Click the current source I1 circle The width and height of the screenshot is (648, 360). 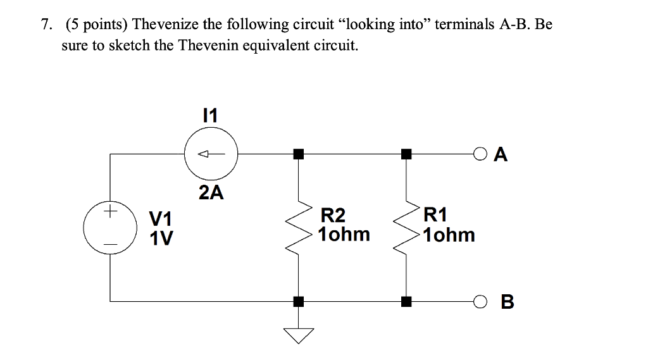pyautogui.click(x=211, y=153)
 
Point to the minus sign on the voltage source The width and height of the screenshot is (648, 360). pyautogui.click(x=111, y=243)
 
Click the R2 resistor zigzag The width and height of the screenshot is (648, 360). pyautogui.click(x=297, y=228)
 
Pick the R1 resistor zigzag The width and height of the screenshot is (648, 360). pyautogui.click(x=405, y=228)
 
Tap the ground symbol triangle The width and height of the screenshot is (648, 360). pyautogui.click(x=297, y=335)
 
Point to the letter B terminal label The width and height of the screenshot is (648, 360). pyautogui.click(x=507, y=302)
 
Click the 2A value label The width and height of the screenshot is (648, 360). pyautogui.click(x=211, y=193)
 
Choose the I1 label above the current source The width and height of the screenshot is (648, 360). pyautogui.click(x=209, y=115)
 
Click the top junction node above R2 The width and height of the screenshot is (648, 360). pyautogui.click(x=297, y=153)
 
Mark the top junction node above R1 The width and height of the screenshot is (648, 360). pyautogui.click(x=405, y=153)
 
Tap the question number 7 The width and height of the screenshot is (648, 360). pyautogui.click(x=44, y=25)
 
